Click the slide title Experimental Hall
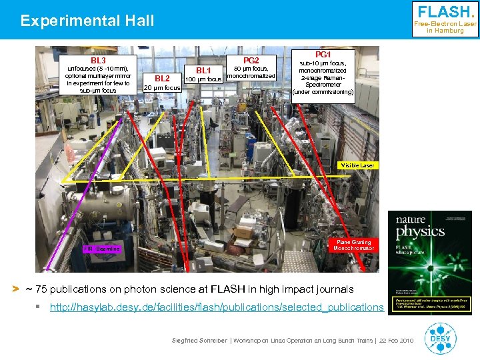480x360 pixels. (x=87, y=21)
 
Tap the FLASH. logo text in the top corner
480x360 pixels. (x=445, y=12)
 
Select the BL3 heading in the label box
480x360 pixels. (x=98, y=61)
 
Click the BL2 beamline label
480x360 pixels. (x=162, y=78)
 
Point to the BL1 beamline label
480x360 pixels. (x=203, y=71)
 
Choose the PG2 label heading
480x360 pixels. (x=251, y=60)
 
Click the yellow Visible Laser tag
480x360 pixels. (x=357, y=165)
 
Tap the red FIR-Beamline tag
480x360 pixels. (x=102, y=249)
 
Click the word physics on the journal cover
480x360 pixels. (x=421, y=231)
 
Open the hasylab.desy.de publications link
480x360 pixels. (x=217, y=307)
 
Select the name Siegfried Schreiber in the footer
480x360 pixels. (x=200, y=341)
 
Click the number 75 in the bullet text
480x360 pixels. (x=41, y=289)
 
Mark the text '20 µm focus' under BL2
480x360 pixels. (x=162, y=88)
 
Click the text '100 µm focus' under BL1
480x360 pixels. (x=203, y=80)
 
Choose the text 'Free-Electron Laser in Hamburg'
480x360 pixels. (x=445, y=27)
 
